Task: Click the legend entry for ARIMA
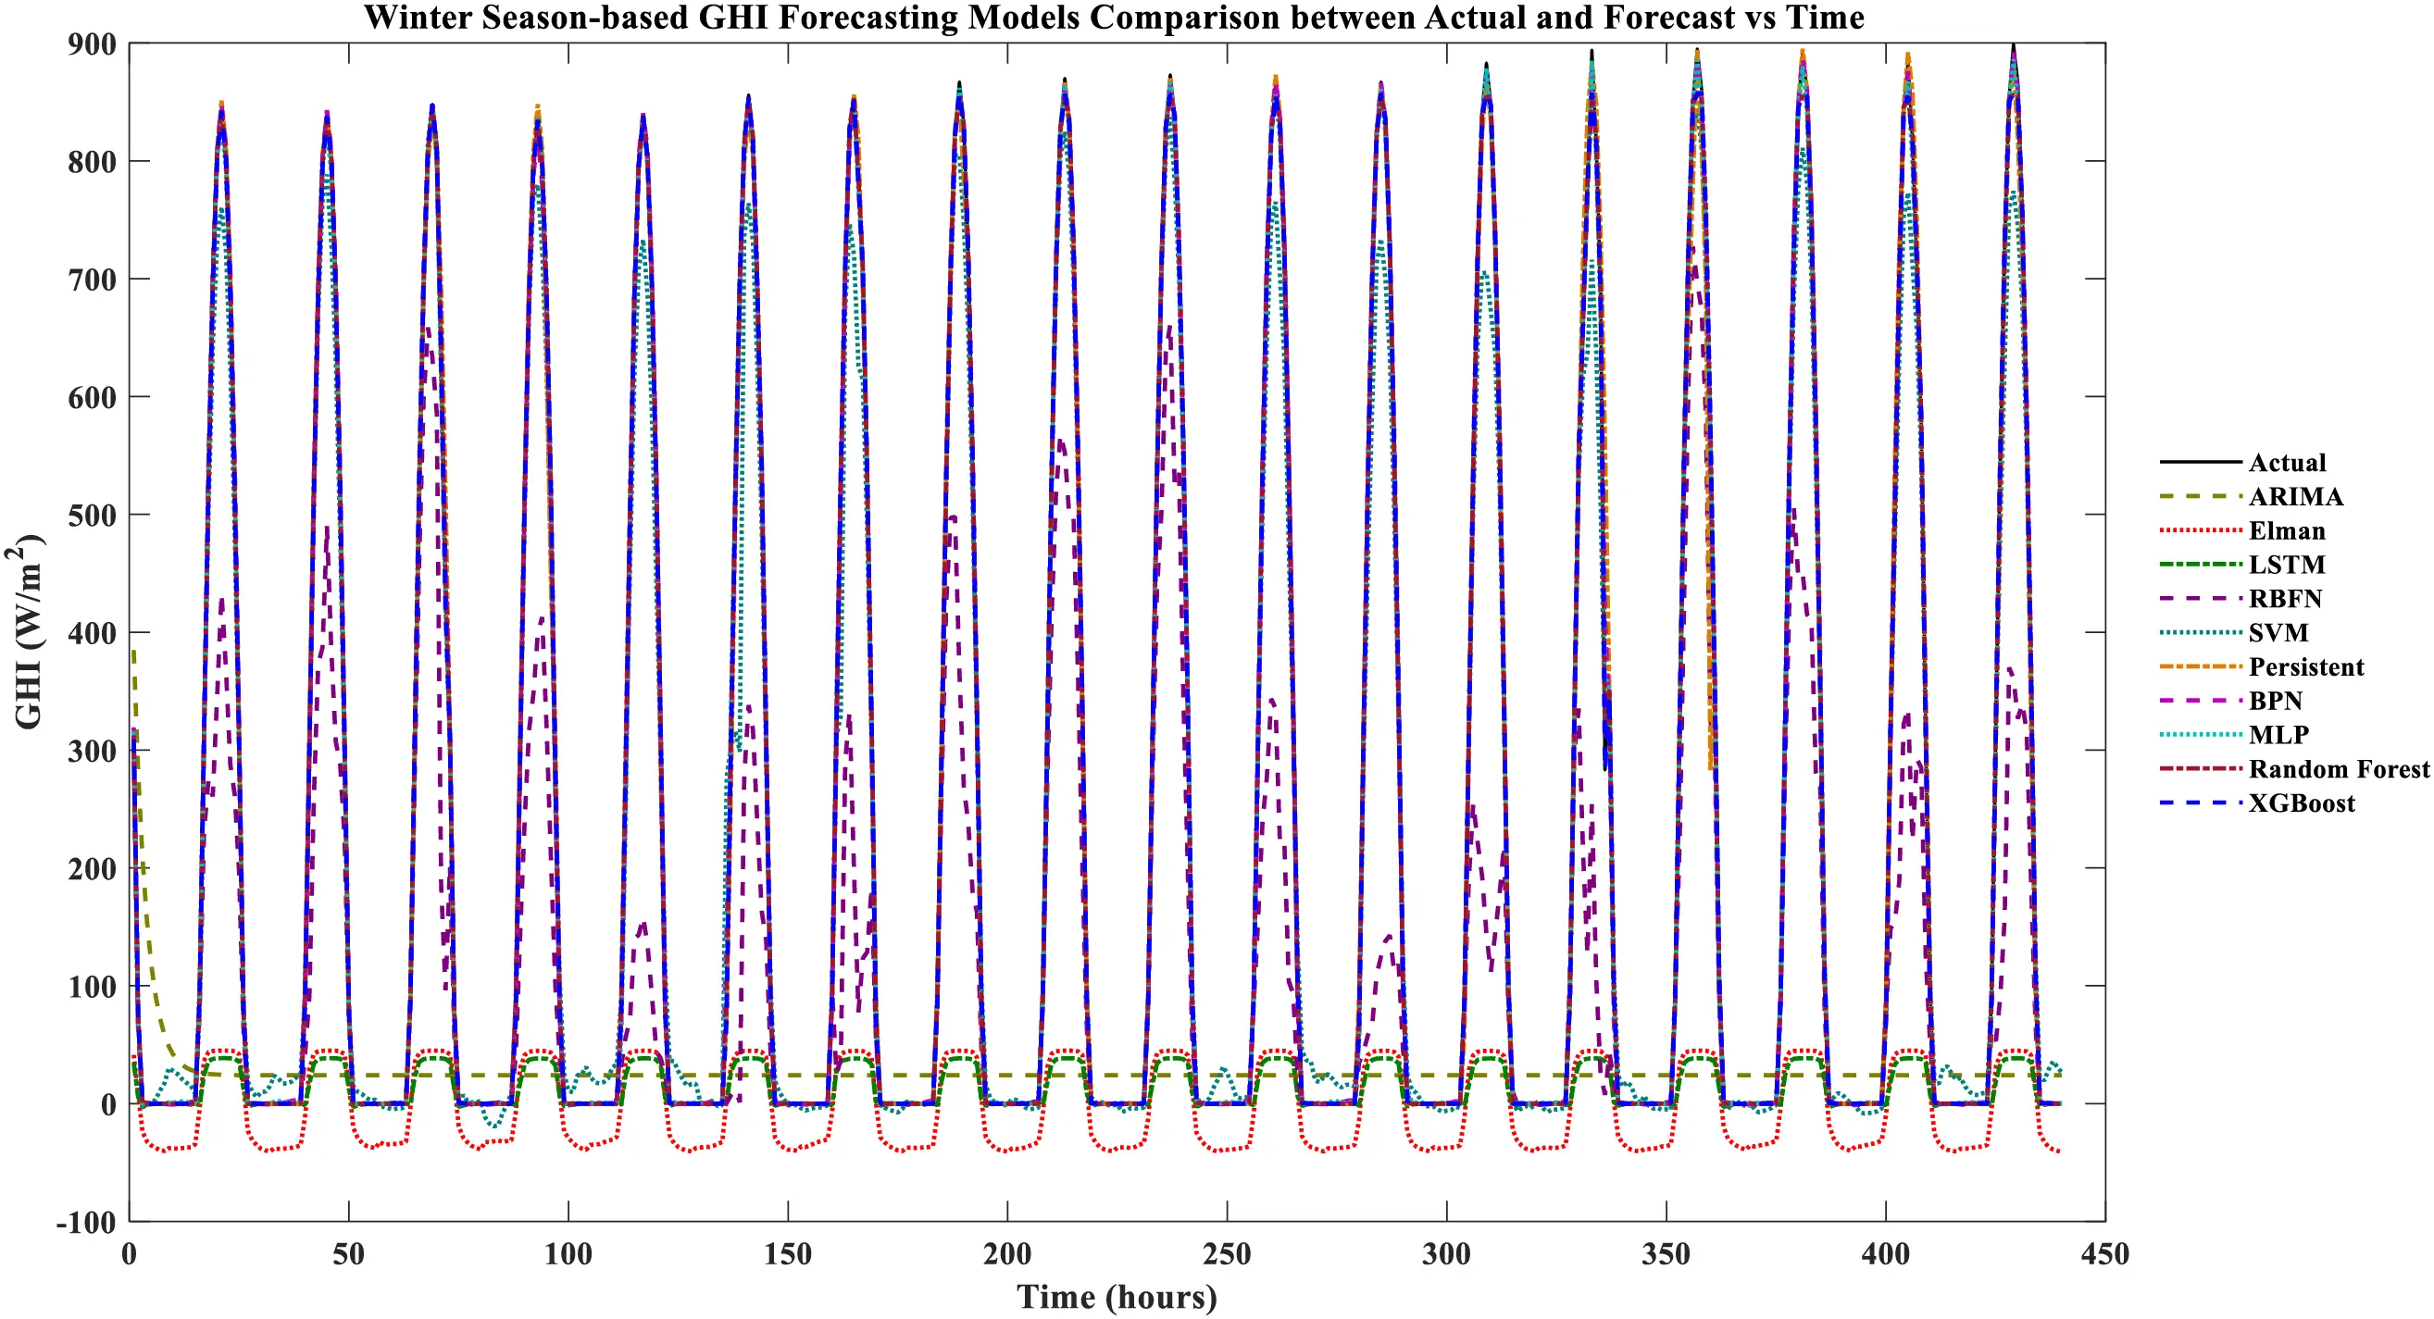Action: tap(2295, 497)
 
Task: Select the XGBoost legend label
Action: tap(2301, 803)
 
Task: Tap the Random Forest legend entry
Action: tap(2338, 769)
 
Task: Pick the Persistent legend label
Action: tap(2305, 667)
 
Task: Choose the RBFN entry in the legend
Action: tap(2285, 599)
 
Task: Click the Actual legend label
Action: tap(2287, 463)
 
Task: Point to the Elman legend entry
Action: tap(2287, 531)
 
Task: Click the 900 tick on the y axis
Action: tap(92, 44)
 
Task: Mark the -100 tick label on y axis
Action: tap(87, 1223)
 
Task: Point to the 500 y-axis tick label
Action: tap(92, 516)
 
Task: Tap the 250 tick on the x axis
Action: tap(1227, 1255)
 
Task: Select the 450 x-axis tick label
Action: tap(2105, 1255)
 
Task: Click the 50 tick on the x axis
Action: tap(349, 1255)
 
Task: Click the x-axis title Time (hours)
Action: tap(1117, 1298)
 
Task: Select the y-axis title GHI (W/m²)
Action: tap(29, 631)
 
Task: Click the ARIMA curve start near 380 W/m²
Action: tap(134, 653)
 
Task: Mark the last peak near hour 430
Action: tap(2014, 47)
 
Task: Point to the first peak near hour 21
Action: tap(221, 106)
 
